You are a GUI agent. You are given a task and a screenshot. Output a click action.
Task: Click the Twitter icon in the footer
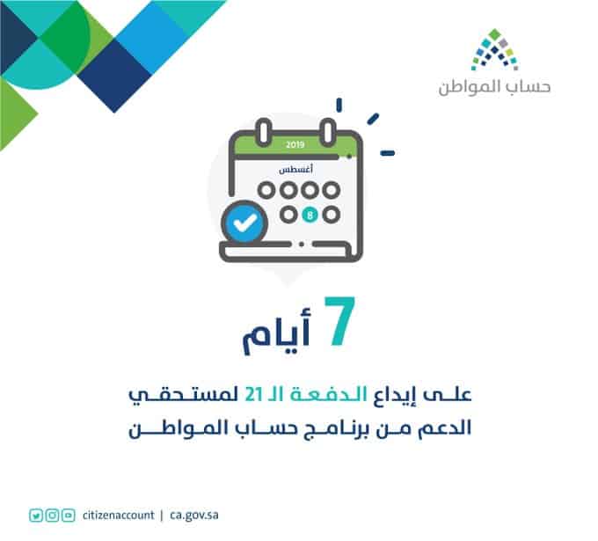(x=36, y=515)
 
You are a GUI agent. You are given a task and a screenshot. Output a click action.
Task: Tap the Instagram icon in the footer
(x=52, y=515)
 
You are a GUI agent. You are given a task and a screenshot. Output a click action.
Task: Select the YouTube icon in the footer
(x=69, y=515)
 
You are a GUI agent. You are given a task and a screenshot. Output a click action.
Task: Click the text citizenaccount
(x=118, y=515)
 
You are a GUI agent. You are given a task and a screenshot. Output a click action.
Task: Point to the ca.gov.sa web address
(x=194, y=515)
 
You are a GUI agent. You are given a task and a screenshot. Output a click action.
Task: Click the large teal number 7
(x=339, y=321)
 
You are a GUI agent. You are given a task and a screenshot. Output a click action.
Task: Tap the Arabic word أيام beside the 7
(x=277, y=331)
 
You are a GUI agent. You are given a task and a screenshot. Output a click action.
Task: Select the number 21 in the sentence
(x=253, y=394)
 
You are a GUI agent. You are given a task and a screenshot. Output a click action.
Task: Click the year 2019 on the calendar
(x=295, y=144)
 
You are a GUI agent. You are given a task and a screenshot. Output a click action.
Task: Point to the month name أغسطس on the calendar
(x=296, y=169)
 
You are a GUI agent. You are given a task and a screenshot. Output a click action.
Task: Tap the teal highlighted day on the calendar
(x=310, y=215)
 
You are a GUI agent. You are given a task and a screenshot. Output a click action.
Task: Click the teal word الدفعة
(x=329, y=394)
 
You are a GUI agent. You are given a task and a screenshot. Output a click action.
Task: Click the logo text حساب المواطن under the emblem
(x=494, y=87)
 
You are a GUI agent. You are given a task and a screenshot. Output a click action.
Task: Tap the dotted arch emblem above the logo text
(x=494, y=49)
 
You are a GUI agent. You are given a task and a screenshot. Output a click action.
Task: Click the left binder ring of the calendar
(x=264, y=132)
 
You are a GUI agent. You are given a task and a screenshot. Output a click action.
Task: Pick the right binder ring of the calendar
(x=328, y=132)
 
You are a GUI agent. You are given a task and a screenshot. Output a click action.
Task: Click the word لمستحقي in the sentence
(x=184, y=395)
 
